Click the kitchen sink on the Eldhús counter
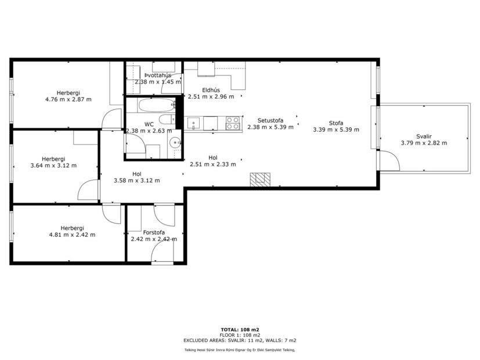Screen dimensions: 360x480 tap(193, 123)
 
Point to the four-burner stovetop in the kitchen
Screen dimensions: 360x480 tap(233, 123)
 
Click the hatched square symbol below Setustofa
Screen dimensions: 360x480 tap(259, 180)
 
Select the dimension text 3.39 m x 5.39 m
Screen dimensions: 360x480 tap(335, 129)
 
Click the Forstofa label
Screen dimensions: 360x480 tap(154, 232)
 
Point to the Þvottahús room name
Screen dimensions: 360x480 tap(158, 75)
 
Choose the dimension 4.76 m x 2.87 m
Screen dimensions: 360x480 tap(68, 99)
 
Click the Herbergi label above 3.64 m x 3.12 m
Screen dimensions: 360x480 tap(53, 159)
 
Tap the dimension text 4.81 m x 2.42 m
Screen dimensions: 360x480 tap(72, 235)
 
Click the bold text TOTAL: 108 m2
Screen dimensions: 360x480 tap(240, 329)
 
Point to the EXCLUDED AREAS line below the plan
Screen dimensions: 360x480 tap(240, 340)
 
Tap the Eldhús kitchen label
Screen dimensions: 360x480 tap(210, 89)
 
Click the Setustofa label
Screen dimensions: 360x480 tap(270, 120)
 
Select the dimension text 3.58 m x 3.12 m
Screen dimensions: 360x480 tap(136, 180)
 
